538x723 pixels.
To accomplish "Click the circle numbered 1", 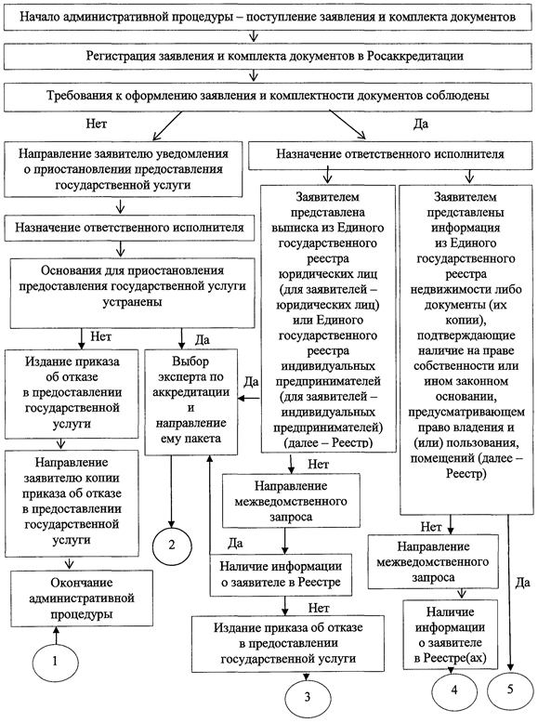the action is coord(56,662).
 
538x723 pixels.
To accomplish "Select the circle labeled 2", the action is coord(172,546).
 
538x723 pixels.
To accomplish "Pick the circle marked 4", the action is coord(454,690).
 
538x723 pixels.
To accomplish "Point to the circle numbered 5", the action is coord(510,690).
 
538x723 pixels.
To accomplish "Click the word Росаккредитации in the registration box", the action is coord(415,57).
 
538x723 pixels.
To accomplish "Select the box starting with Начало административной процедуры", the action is coord(269,18).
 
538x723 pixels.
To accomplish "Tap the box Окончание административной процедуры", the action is coord(82,598).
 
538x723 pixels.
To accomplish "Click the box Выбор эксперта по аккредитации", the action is coord(190,401).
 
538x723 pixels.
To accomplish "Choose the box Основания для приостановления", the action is coord(132,294).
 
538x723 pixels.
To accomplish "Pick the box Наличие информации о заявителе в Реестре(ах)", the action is coord(451,634).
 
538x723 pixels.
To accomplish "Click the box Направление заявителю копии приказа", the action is coord(72,503).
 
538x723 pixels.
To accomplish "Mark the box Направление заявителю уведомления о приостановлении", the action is coord(124,169).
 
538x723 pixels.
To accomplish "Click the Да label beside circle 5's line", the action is coord(523,583).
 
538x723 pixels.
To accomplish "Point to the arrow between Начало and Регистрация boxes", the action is coord(253,36).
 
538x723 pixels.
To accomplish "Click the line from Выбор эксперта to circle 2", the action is coord(172,491).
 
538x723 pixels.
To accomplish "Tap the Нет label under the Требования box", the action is coord(97,124).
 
